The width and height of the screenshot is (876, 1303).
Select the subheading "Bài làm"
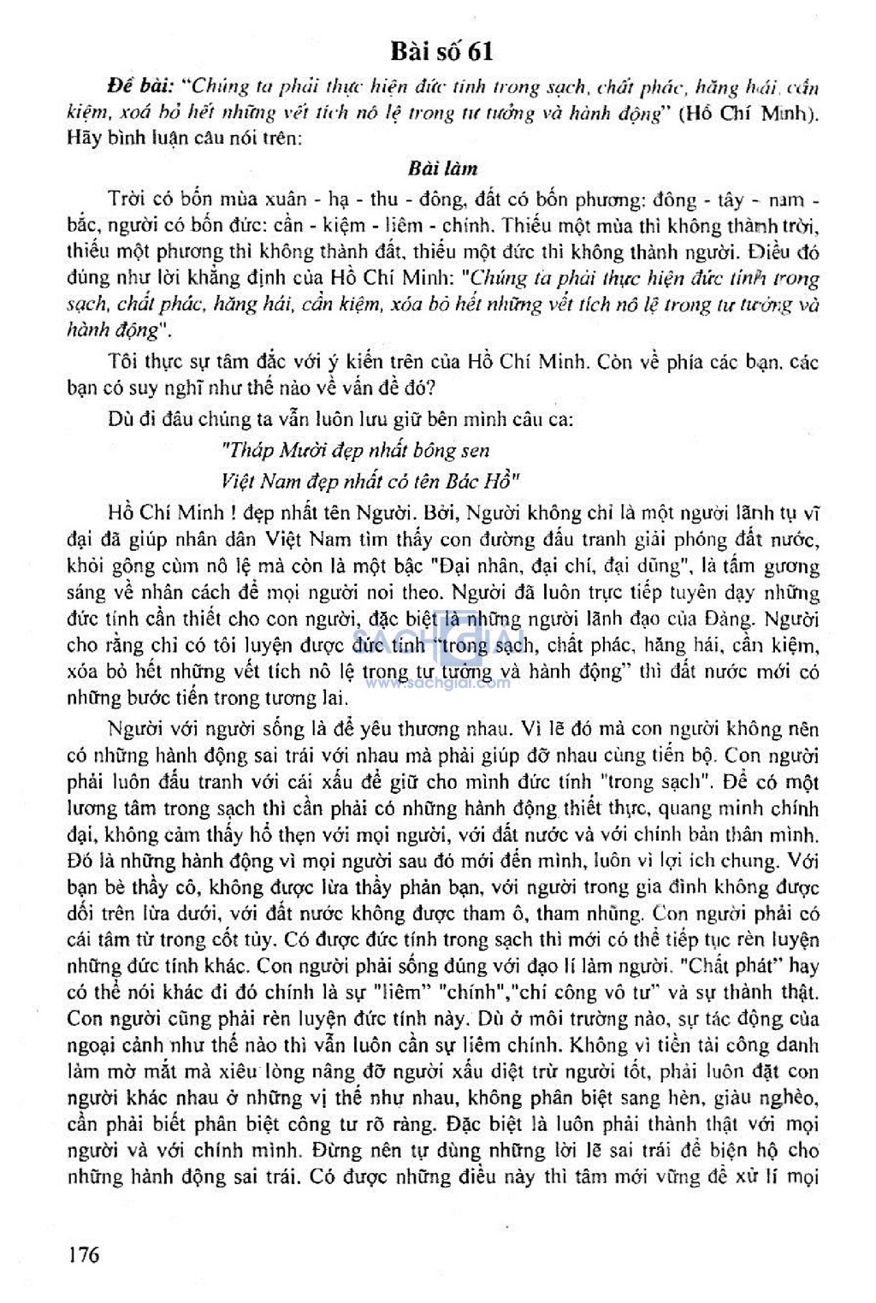[442, 168]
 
